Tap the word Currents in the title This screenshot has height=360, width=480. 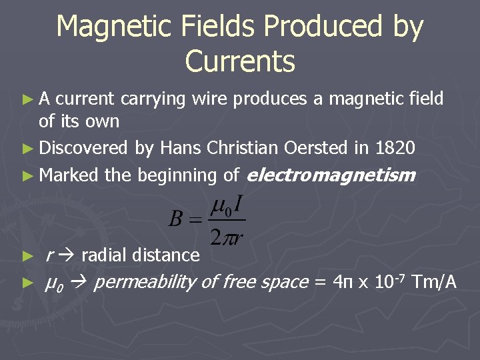(x=240, y=61)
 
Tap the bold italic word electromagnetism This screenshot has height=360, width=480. (x=331, y=175)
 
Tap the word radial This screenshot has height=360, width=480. (x=105, y=255)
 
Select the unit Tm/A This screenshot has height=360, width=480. (x=435, y=282)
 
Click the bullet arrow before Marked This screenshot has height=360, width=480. (x=27, y=176)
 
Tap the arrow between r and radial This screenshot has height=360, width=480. (x=69, y=255)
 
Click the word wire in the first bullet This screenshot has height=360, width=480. (x=207, y=99)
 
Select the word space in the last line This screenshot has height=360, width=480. (x=283, y=283)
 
